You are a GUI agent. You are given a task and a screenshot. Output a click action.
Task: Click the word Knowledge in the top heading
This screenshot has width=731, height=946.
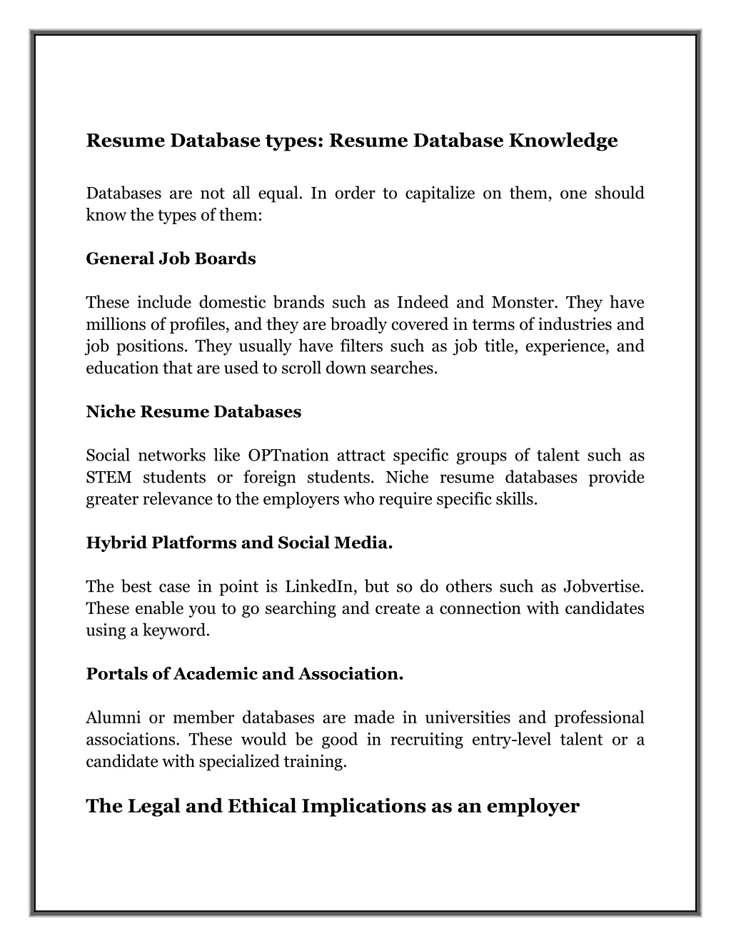(563, 141)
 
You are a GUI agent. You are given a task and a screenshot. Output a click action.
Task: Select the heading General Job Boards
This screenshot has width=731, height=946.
(171, 258)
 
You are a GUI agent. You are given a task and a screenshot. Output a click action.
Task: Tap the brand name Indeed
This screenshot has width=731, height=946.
(422, 303)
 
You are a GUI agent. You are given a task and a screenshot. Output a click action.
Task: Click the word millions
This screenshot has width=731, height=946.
(112, 325)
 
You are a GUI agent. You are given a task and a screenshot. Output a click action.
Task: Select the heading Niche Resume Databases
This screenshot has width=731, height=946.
(193, 412)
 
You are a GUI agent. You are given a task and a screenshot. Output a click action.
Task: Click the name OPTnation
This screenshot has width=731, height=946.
(288, 456)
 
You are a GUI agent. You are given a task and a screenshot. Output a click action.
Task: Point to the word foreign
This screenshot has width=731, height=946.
(269, 478)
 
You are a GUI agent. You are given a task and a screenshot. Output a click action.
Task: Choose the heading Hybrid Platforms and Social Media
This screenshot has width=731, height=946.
(239, 543)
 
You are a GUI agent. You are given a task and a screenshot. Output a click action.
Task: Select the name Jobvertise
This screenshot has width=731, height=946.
(603, 587)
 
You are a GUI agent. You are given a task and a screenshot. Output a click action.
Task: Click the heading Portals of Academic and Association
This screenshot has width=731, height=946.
(244, 674)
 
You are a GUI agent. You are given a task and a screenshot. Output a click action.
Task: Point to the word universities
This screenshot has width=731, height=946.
(468, 718)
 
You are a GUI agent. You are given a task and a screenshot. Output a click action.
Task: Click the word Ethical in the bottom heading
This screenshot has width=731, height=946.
(262, 806)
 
